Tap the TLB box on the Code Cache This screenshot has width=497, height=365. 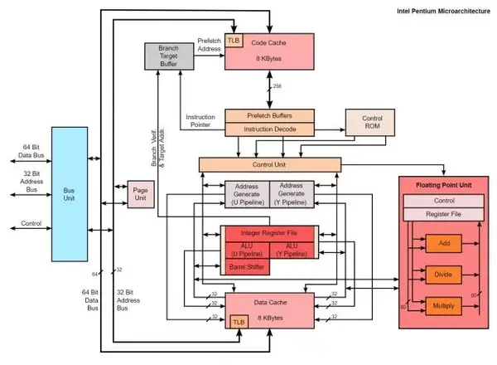point(233,41)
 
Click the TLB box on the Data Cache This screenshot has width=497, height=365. point(239,320)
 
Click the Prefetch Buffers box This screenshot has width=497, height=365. point(269,116)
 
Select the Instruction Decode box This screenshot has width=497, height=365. point(269,129)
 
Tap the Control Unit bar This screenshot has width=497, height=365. point(269,165)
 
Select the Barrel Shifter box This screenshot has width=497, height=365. point(245,267)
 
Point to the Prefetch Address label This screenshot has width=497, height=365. point(209,44)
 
